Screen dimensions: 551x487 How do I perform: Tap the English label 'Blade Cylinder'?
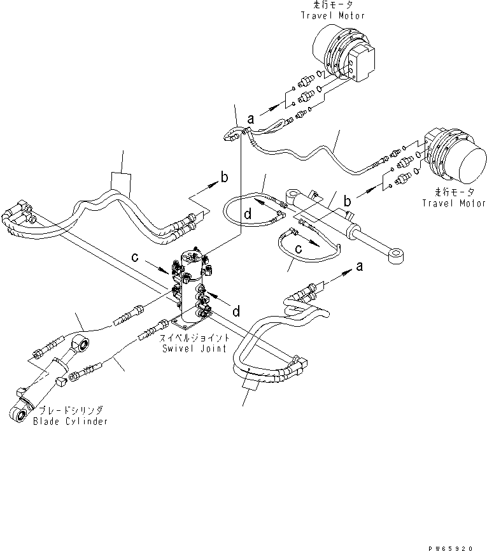pos(71,421)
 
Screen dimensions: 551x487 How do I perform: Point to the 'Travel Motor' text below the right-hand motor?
pos(453,203)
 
